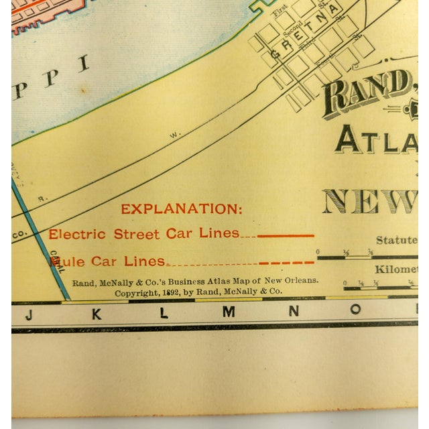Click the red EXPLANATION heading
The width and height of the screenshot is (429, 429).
[182, 209]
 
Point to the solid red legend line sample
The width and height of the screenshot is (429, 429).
[286, 235]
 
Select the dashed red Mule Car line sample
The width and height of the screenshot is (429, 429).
[286, 262]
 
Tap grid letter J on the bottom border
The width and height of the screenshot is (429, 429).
[27, 312]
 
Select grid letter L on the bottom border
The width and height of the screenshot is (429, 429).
[163, 313]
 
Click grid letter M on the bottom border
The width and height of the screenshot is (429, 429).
[229, 312]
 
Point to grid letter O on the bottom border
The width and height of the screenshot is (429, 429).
[356, 309]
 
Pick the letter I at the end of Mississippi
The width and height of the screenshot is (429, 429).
[84, 65]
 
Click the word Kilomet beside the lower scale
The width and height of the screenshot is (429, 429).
[397, 269]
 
